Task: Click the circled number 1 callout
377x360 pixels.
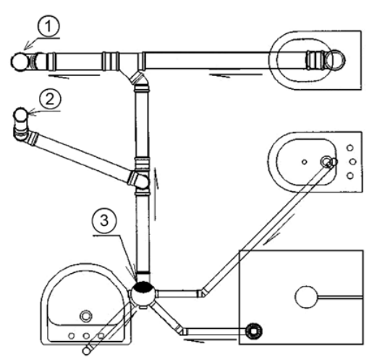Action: point(48,26)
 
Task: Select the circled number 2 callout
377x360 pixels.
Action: point(51,99)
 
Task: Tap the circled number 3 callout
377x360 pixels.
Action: point(104,221)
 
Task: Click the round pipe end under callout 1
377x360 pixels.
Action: point(20,62)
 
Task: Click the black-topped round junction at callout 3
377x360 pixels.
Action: point(143,293)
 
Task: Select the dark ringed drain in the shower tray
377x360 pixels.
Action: point(254,331)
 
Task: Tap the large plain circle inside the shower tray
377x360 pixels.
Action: point(307,297)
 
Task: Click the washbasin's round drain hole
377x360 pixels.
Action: point(86,316)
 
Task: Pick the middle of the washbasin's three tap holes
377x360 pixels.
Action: point(86,335)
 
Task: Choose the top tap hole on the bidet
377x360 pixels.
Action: point(350,148)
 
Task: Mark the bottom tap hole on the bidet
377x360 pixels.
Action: point(350,175)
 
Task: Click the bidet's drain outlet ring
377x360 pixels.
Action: point(326,162)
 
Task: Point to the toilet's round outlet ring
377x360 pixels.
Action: point(335,60)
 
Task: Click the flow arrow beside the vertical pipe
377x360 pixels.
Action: point(156,194)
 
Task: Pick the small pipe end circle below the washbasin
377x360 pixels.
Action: point(86,351)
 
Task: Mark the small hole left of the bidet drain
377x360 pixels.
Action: point(305,162)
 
